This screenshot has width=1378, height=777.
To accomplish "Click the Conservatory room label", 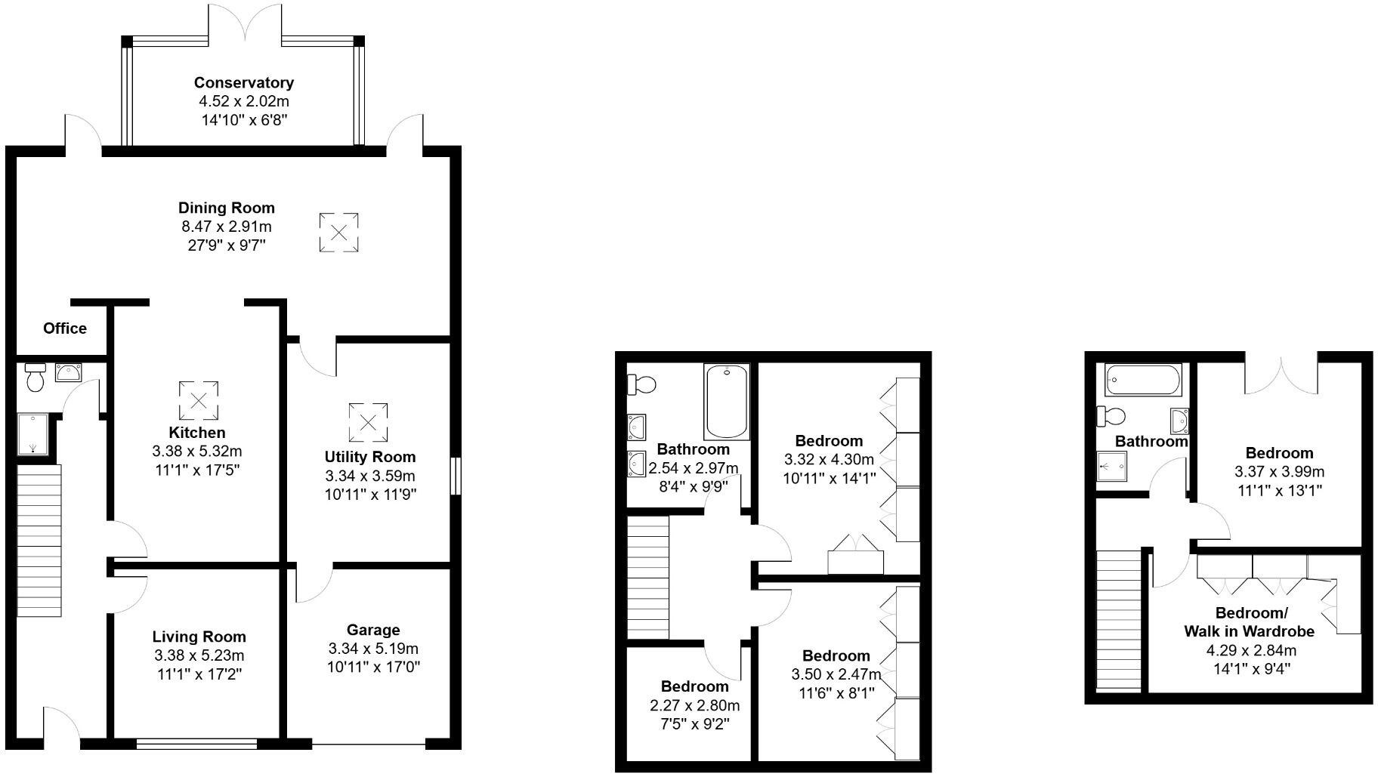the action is pos(243,83).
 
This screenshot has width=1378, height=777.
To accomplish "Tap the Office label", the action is pos(65,328).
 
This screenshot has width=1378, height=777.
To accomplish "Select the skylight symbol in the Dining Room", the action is pos(338,233).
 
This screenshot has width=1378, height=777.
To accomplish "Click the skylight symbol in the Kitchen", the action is pos(199,400).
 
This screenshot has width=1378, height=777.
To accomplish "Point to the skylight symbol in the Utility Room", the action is pos(368,422).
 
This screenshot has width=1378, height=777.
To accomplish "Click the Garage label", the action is pos(373,630).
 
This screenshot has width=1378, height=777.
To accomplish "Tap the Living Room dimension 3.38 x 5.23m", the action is pos(199,655).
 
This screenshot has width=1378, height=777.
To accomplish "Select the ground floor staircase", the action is pos(39,541).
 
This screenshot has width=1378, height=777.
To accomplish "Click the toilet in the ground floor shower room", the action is pos(35,376).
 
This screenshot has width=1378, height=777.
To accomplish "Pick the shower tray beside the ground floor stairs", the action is pos(32,434).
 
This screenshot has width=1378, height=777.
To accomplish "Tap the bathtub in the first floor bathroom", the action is pos(727,402).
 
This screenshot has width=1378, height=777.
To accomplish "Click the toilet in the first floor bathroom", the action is pos(641,384).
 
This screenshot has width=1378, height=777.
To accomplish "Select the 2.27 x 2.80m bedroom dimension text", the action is pos(694,706).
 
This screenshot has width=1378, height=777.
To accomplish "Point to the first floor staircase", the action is pos(648,577).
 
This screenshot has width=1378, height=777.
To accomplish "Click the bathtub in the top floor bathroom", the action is pos(1143,381).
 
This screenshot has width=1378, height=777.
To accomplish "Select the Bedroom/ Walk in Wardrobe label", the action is pos(1249,621).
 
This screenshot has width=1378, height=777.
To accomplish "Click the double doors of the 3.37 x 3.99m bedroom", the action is pos(1281,374).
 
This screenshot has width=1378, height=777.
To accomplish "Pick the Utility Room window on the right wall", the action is pos(455,476).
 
